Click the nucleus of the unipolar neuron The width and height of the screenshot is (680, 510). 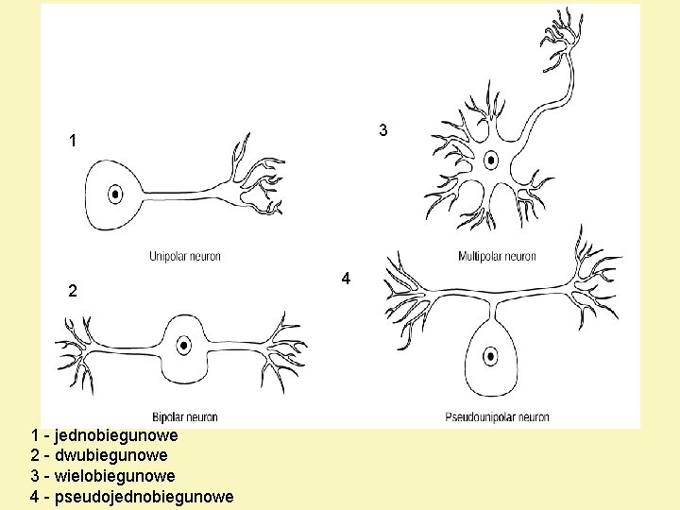115,195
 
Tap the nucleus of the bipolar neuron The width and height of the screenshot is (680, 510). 184,344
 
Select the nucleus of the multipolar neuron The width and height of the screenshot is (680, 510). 491,158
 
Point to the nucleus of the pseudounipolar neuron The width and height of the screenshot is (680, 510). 490,357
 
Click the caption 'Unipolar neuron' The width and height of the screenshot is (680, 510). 185,257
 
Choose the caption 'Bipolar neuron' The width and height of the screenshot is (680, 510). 185,417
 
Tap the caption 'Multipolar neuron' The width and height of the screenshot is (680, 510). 497,257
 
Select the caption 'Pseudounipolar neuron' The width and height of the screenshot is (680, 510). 497,417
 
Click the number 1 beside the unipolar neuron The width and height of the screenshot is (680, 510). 73,142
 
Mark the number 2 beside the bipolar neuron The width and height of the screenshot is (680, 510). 73,291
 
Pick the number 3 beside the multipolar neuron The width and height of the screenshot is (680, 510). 382,129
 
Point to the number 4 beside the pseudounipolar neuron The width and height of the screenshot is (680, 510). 347,279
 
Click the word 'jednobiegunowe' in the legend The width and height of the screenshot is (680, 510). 116,436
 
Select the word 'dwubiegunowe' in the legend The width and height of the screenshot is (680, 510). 110,456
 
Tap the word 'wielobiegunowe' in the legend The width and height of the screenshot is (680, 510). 114,476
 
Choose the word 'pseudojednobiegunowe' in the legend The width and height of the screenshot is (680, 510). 144,497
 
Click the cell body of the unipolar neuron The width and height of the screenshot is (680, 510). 99,195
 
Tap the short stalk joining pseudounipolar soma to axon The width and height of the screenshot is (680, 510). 491,307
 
